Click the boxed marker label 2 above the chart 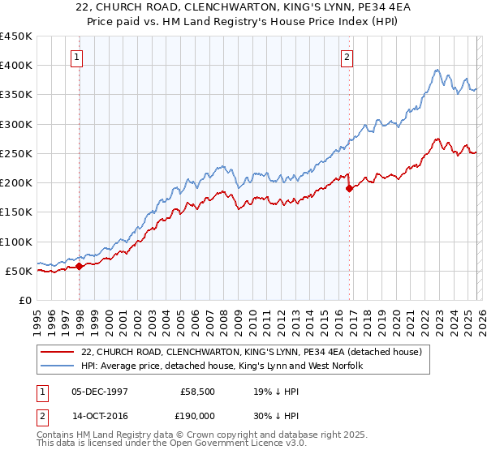347,57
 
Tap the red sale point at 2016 349,188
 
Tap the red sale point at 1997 79,266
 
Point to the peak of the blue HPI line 437,70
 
